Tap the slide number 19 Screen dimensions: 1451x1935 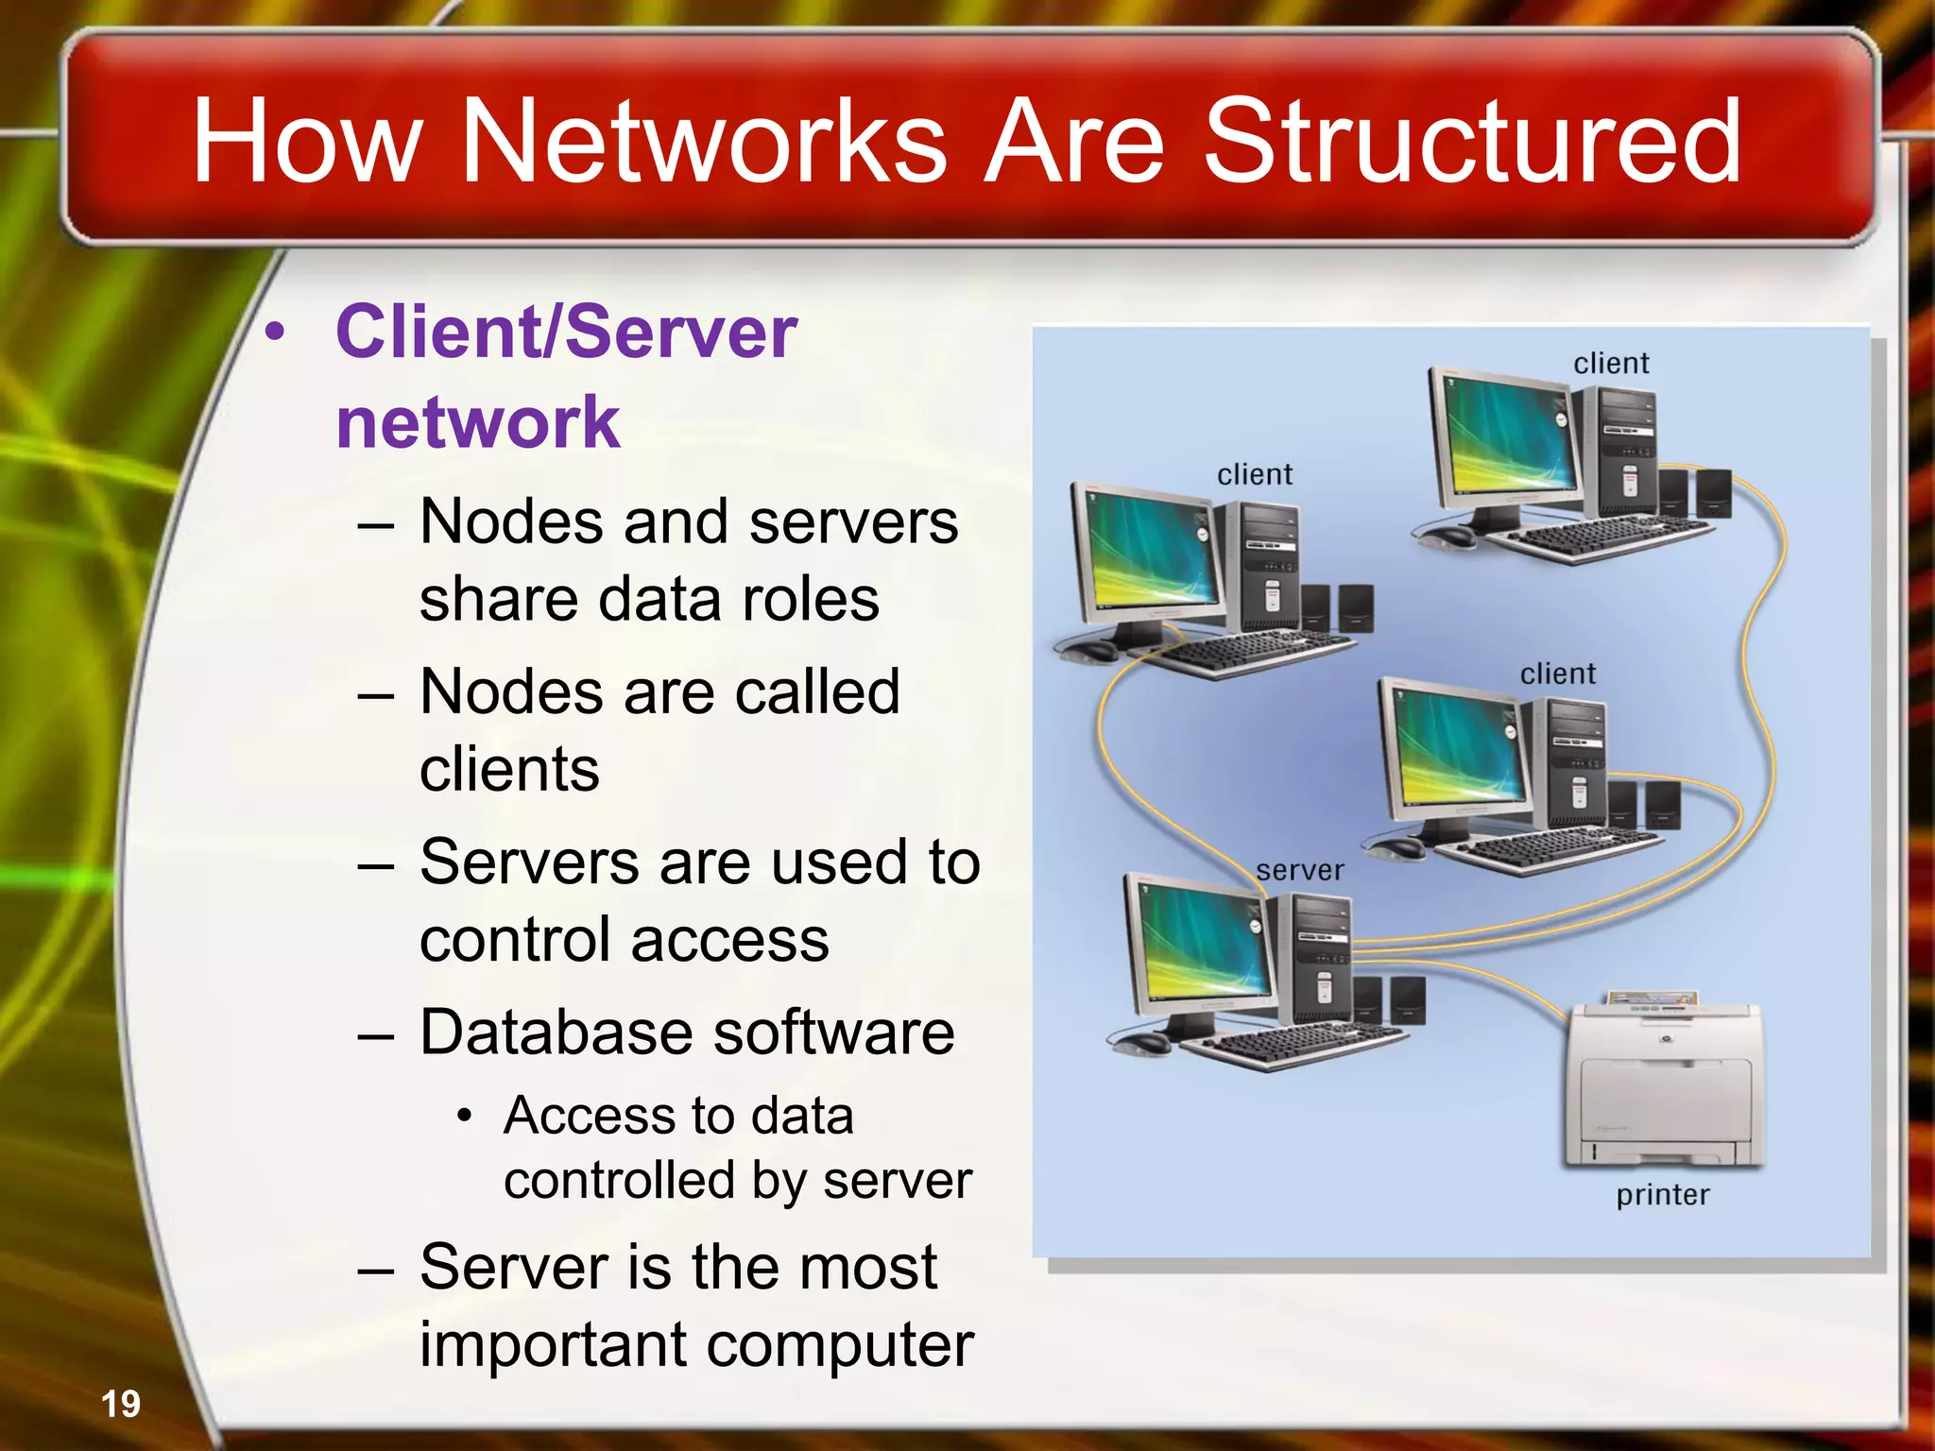click(x=121, y=1404)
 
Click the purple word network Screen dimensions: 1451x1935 click(x=478, y=422)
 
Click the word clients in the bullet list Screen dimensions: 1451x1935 click(x=509, y=769)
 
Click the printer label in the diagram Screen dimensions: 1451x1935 click(x=1662, y=1195)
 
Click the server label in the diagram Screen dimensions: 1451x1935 click(x=1299, y=870)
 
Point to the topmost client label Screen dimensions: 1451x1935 click(x=1611, y=364)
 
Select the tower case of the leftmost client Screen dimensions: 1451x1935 click(x=1259, y=567)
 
